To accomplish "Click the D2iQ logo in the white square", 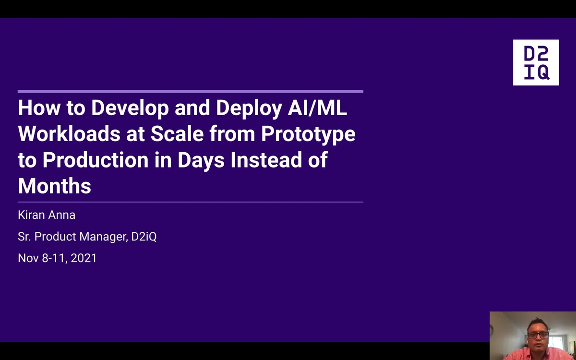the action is click(x=536, y=62).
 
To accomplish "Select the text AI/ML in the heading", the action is click(x=317, y=108).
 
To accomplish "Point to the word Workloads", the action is click(x=69, y=134).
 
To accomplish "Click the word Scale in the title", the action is click(x=177, y=134).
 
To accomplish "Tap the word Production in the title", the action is click(x=96, y=160).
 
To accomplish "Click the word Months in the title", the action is click(x=55, y=186).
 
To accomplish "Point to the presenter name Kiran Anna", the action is click(x=47, y=215).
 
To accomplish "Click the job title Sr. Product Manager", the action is click(x=73, y=237).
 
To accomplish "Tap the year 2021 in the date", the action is click(x=84, y=258).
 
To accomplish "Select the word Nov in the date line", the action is click(x=28, y=258).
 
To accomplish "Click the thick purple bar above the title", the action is click(x=191, y=91).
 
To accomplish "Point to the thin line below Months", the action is click(x=191, y=202).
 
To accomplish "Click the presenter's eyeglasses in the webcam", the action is click(x=538, y=335).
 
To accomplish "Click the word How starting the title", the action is click(x=39, y=108).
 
